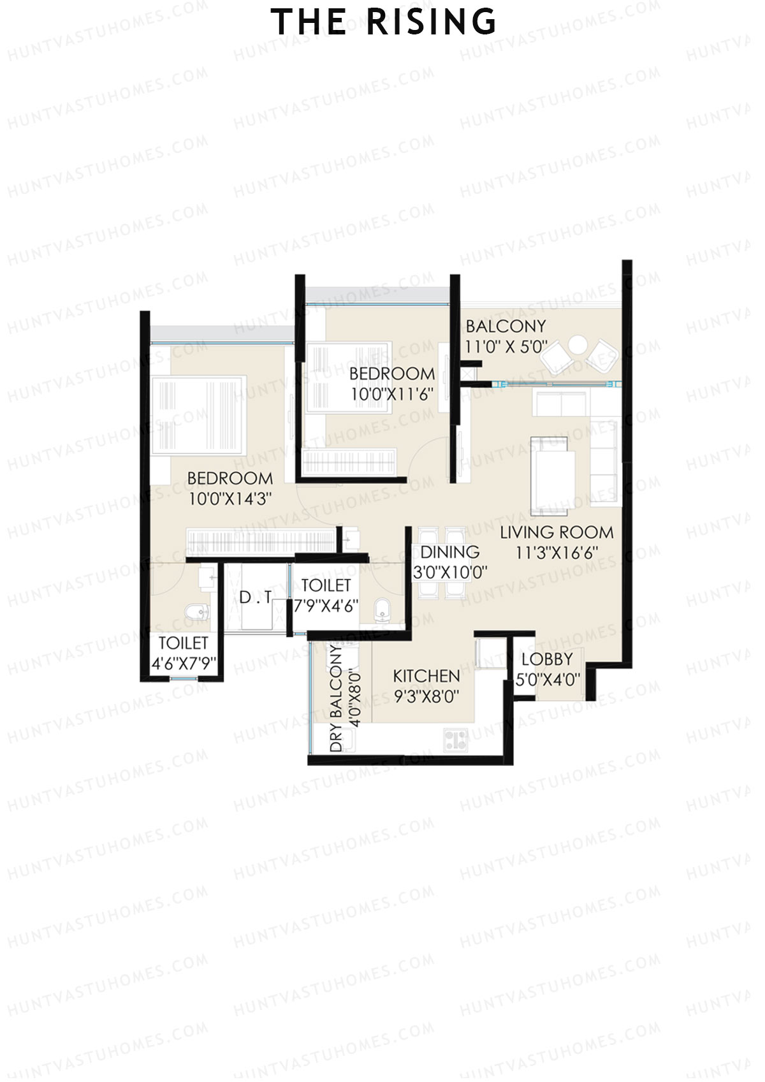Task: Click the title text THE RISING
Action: pyautogui.click(x=383, y=22)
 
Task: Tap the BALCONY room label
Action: pyautogui.click(x=506, y=326)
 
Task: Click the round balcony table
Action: pyautogui.click(x=578, y=345)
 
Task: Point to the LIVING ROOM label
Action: pyautogui.click(x=557, y=532)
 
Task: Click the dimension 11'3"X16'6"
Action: pyautogui.click(x=557, y=553)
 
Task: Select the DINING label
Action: pyautogui.click(x=449, y=552)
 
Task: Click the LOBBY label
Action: pyautogui.click(x=547, y=659)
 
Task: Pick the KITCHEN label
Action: pyautogui.click(x=426, y=676)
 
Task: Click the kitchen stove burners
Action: pyautogui.click(x=455, y=740)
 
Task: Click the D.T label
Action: pyautogui.click(x=255, y=597)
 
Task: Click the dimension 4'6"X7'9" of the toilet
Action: pyautogui.click(x=184, y=664)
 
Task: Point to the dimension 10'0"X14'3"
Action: pyautogui.click(x=230, y=499)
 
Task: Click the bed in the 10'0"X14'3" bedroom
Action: pyautogui.click(x=198, y=415)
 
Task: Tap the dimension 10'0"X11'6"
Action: pyautogui.click(x=391, y=394)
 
